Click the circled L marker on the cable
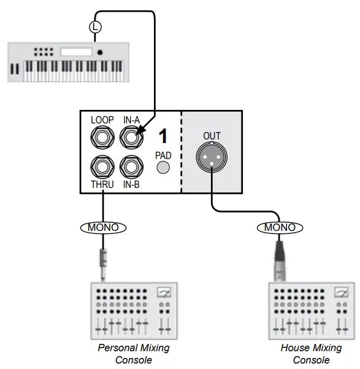(95, 26)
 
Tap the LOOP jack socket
(102, 138)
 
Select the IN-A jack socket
(132, 138)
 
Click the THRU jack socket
(102, 166)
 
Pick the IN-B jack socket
(132, 166)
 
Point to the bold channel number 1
(163, 136)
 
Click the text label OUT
(212, 135)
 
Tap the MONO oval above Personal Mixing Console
(103, 227)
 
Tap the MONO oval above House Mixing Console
(280, 227)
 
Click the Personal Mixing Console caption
(133, 354)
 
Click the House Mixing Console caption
(311, 354)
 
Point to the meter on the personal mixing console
(164, 293)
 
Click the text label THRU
(102, 184)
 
